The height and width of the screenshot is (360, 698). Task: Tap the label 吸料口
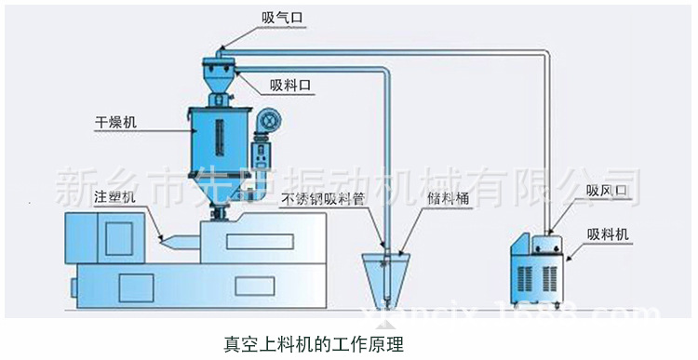click(289, 85)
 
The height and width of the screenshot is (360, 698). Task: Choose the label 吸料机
click(609, 234)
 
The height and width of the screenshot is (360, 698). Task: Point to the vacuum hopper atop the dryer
click(220, 74)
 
